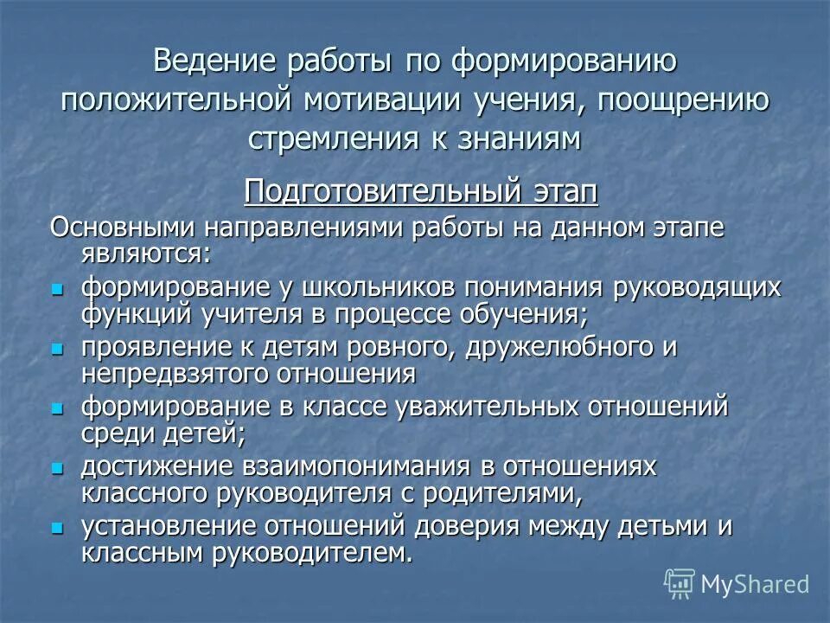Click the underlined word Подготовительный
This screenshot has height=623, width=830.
tap(380, 190)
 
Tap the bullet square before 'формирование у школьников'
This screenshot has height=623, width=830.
tap(58, 288)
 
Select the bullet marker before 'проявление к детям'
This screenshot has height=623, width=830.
tap(58, 349)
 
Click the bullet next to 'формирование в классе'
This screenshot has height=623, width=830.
tap(58, 408)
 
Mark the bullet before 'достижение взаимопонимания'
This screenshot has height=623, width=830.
tap(58, 467)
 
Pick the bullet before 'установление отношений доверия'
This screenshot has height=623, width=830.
tap(58, 527)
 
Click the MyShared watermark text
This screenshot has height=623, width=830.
tap(755, 584)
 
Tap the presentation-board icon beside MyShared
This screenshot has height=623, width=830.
tap(680, 583)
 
